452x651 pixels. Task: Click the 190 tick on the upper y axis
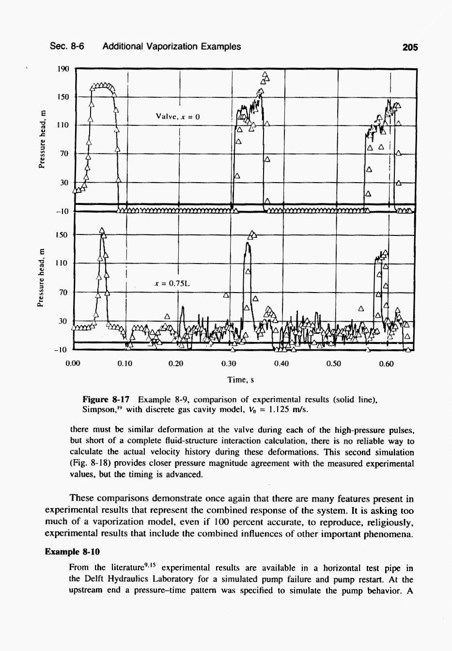[x=63, y=68]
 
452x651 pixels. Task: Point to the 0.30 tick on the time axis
[x=228, y=363]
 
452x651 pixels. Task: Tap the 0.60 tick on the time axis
[x=386, y=363]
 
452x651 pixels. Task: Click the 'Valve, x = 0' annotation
[x=178, y=117]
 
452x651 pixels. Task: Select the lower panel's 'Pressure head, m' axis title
[x=43, y=277]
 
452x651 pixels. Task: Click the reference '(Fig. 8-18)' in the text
[x=91, y=464]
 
